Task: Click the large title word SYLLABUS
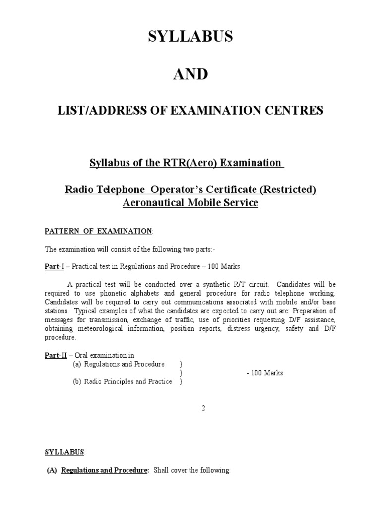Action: [190, 37]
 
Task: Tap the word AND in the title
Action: [190, 74]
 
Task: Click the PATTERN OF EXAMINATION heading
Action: [99, 231]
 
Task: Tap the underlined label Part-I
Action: [55, 266]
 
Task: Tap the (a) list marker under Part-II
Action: [77, 364]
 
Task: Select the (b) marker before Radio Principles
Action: [77, 381]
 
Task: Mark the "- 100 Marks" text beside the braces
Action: [264, 373]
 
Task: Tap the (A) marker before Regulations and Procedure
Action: [52, 470]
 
